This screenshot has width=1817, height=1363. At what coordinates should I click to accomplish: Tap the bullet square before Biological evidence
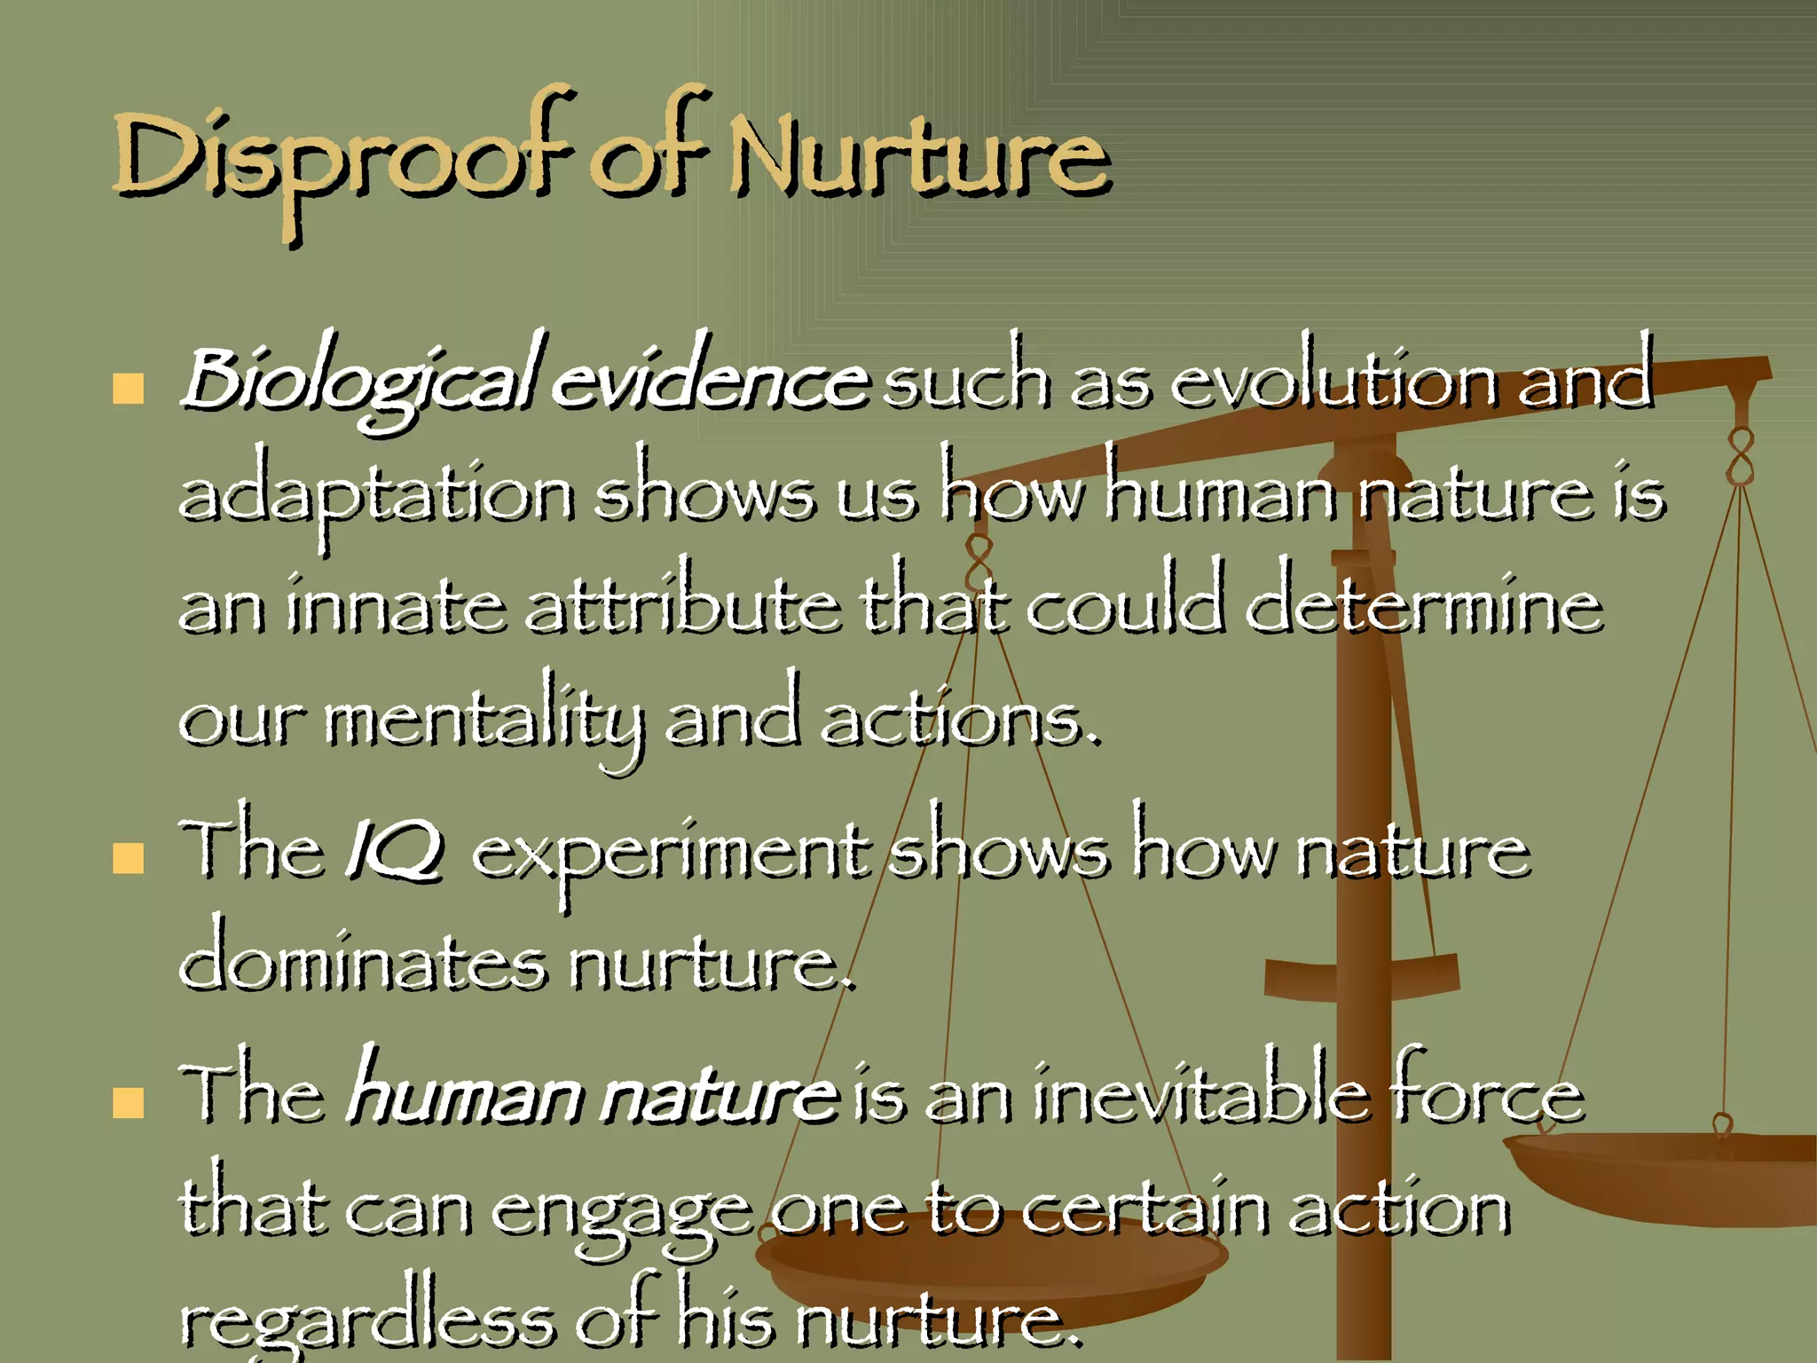click(x=129, y=389)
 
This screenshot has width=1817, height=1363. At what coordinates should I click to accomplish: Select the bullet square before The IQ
click(x=129, y=858)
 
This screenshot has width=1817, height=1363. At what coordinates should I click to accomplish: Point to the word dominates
click(x=364, y=965)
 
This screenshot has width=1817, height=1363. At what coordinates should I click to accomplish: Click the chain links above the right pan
click(x=1742, y=456)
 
